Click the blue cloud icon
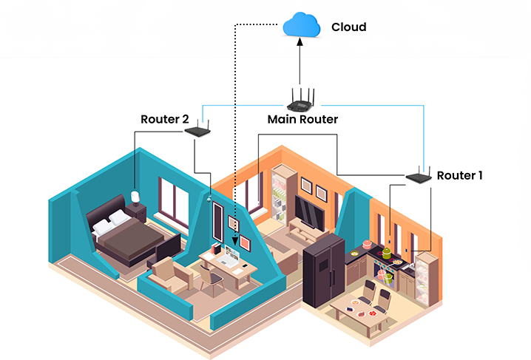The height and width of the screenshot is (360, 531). pyautogui.click(x=300, y=27)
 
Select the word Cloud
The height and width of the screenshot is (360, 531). pyautogui.click(x=348, y=27)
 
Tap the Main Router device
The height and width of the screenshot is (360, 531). pyautogui.click(x=302, y=102)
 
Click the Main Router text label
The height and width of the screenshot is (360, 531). pyautogui.click(x=302, y=119)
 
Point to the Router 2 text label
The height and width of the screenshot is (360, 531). pyautogui.click(x=165, y=118)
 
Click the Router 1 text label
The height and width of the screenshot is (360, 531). pyautogui.click(x=459, y=175)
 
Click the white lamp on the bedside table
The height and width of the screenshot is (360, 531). pyautogui.click(x=135, y=197)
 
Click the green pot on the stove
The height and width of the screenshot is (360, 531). pyautogui.click(x=385, y=251)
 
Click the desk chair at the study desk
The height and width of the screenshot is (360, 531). pyautogui.click(x=213, y=279)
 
